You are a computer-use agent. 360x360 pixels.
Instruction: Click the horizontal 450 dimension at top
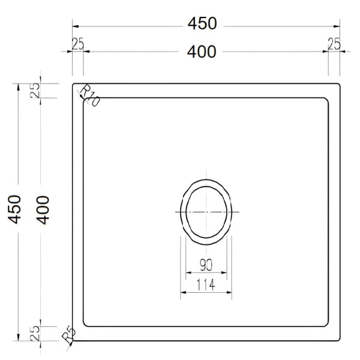point(202,23)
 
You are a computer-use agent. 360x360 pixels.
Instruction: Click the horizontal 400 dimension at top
point(202,52)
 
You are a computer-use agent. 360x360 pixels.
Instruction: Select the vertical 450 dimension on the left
point(14,209)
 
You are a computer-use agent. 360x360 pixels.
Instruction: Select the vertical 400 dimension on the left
point(43,210)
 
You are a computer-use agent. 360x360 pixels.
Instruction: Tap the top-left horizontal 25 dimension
point(78,44)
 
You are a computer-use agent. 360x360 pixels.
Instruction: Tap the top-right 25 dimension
point(334,44)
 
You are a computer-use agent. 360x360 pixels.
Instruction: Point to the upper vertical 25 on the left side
point(35,90)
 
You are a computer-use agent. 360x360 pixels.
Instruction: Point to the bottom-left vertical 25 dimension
point(35,333)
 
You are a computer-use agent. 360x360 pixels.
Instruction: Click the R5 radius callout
point(68,335)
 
